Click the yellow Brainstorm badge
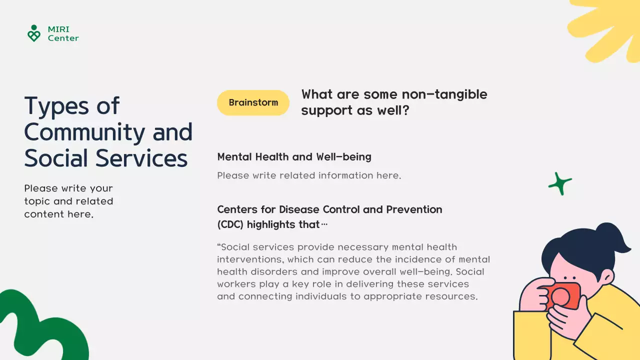(253, 102)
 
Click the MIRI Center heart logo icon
(33, 33)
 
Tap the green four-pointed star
(560, 183)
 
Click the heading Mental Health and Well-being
(294, 157)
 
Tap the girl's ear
(607, 277)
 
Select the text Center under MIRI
(63, 38)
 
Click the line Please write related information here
(309, 175)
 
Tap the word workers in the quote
(237, 284)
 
